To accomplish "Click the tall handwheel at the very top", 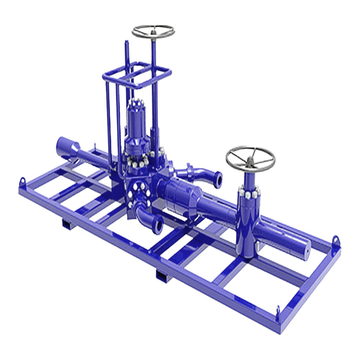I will (x=153, y=31).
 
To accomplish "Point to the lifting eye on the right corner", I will (x=335, y=240).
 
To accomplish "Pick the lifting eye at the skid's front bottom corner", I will (x=278, y=310).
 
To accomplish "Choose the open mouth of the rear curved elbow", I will (x=218, y=180).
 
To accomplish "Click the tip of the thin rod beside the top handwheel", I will (x=126, y=43).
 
